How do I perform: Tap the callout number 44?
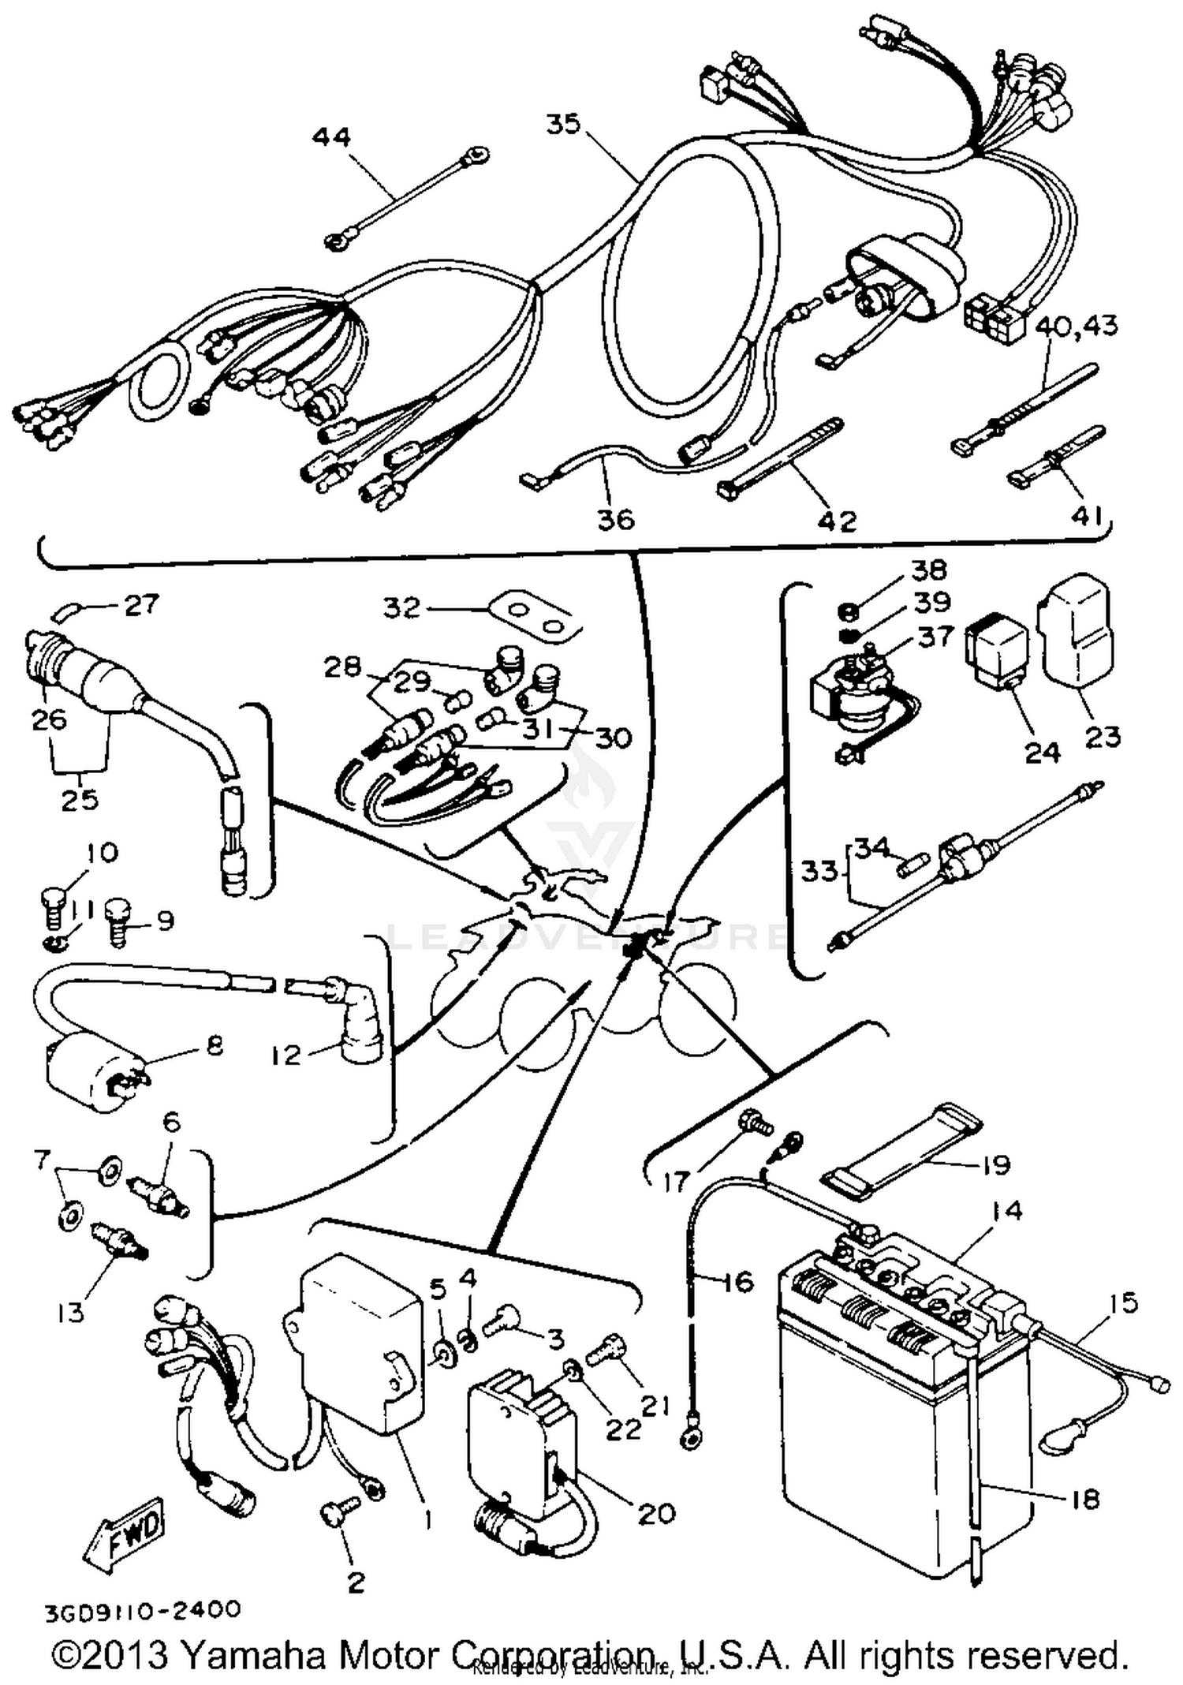coord(331,136)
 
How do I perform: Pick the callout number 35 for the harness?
coord(563,124)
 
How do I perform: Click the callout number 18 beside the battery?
coord(1086,1499)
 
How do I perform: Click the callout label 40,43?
coord(1076,326)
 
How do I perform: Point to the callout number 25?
coord(80,799)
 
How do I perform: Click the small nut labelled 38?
coord(844,611)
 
